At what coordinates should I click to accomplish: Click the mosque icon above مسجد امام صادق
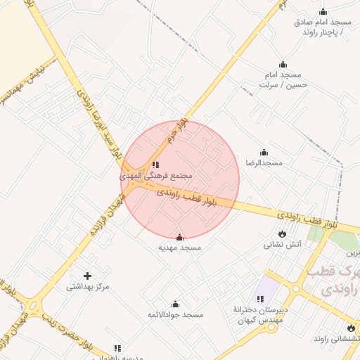(323, 12)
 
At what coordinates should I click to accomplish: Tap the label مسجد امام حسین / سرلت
(280, 79)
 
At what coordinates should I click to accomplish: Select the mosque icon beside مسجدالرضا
(264, 153)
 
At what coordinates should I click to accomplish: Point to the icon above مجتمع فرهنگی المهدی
(155, 165)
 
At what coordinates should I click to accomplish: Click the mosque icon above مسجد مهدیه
(179, 238)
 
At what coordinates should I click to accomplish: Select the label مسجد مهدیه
(179, 248)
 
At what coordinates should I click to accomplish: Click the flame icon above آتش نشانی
(282, 234)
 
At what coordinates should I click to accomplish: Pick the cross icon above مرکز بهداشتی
(87, 276)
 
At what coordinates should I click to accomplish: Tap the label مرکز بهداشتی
(88, 287)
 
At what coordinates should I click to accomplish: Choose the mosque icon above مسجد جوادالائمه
(175, 304)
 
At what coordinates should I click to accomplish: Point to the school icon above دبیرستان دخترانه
(260, 300)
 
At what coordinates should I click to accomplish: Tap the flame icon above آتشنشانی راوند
(351, 328)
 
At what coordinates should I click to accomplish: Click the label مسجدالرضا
(264, 163)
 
